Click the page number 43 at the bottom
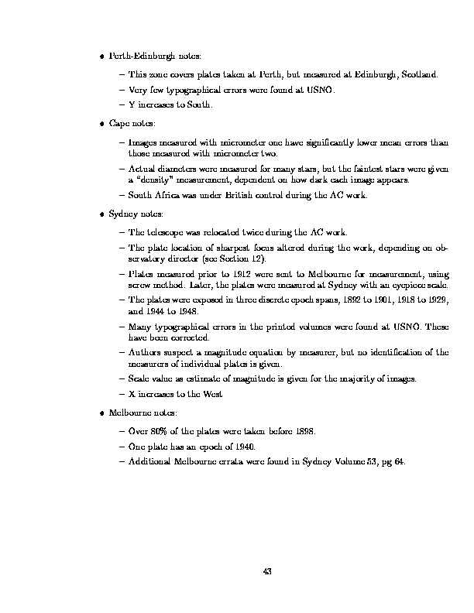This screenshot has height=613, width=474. (267, 571)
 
